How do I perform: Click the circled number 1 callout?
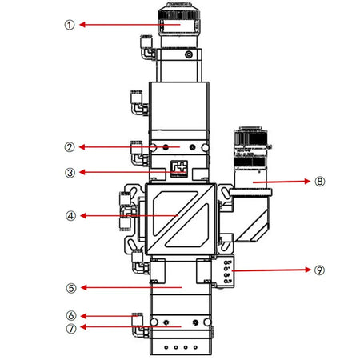click(x=70, y=25)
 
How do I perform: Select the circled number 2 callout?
click(x=70, y=147)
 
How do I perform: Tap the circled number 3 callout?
click(x=70, y=172)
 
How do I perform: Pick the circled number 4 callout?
click(x=70, y=215)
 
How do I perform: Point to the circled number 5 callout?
click(x=70, y=287)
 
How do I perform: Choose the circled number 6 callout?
click(x=70, y=316)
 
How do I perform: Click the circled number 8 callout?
click(x=320, y=182)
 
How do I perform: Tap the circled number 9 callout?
click(x=320, y=270)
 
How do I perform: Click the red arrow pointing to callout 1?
click(x=120, y=25)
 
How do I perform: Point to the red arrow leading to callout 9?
click(x=272, y=270)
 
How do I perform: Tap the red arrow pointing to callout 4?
click(x=128, y=215)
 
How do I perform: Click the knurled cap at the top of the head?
click(x=175, y=18)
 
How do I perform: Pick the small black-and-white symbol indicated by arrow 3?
click(x=179, y=170)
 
